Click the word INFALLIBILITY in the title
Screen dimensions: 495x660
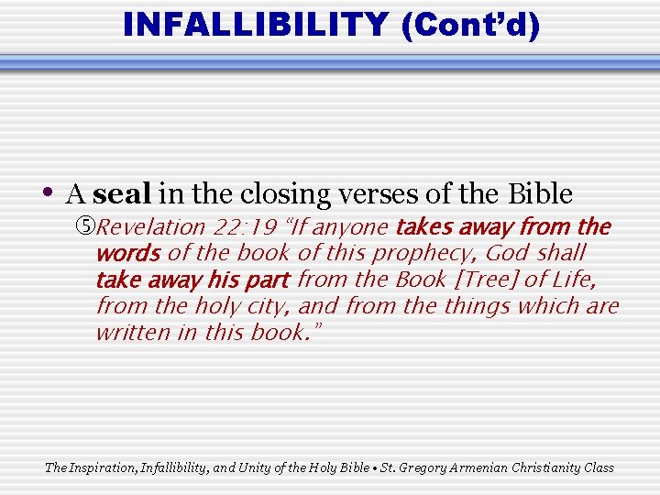click(256, 24)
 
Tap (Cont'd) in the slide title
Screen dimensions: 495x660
click(470, 25)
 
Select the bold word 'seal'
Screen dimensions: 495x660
click(123, 194)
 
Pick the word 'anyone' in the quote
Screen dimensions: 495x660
click(351, 227)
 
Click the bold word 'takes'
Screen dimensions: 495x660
click(426, 227)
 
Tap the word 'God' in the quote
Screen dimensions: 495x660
click(509, 253)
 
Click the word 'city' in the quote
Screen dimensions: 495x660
click(264, 305)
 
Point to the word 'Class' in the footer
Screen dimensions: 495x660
click(598, 467)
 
